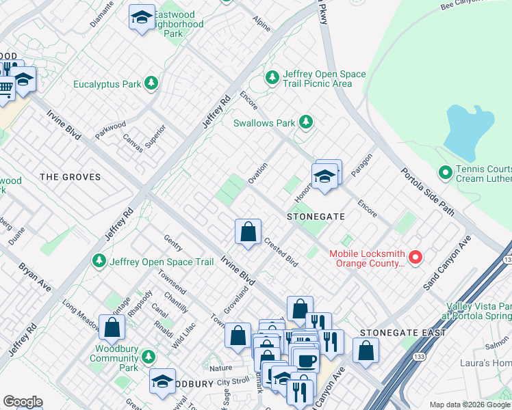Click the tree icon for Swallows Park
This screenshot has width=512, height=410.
[x=307, y=123]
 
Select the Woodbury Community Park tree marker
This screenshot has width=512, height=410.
[x=147, y=357]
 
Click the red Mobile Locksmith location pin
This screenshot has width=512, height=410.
[x=415, y=258]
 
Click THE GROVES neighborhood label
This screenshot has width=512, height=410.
[x=70, y=177]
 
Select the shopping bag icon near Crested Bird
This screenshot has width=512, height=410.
[x=248, y=232]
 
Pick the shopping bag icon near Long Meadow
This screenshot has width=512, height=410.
[x=112, y=327]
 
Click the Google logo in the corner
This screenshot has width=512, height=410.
[x=23, y=402]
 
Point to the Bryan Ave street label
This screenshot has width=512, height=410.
[x=34, y=275]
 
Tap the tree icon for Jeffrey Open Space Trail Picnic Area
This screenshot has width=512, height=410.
[x=272, y=78]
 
